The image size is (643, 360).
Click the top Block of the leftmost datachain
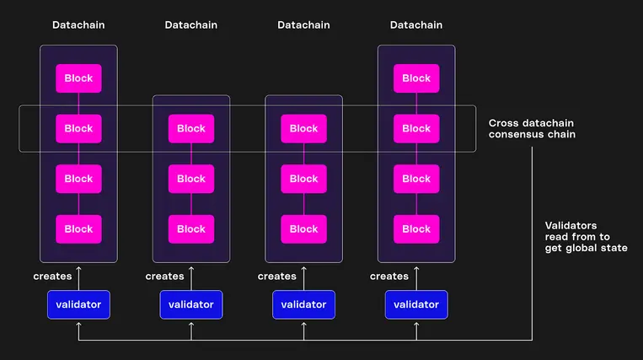(78, 78)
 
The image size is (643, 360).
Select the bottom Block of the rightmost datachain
(416, 228)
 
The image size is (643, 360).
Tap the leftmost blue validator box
(78, 304)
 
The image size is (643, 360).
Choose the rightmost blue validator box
(416, 304)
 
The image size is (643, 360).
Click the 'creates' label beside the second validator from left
(164, 277)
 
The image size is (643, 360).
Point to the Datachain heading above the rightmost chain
(416, 25)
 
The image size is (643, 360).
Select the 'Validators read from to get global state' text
(586, 236)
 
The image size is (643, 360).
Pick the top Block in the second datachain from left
(191, 129)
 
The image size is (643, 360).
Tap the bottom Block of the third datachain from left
(303, 228)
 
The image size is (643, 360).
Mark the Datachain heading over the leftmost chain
(78, 25)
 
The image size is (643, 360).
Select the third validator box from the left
(303, 304)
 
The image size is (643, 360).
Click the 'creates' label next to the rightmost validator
(389, 277)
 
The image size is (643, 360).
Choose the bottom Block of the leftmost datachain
(78, 228)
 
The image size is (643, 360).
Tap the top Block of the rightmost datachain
(416, 78)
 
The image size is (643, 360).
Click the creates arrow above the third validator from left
(303, 275)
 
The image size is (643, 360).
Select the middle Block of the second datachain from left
(191, 179)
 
